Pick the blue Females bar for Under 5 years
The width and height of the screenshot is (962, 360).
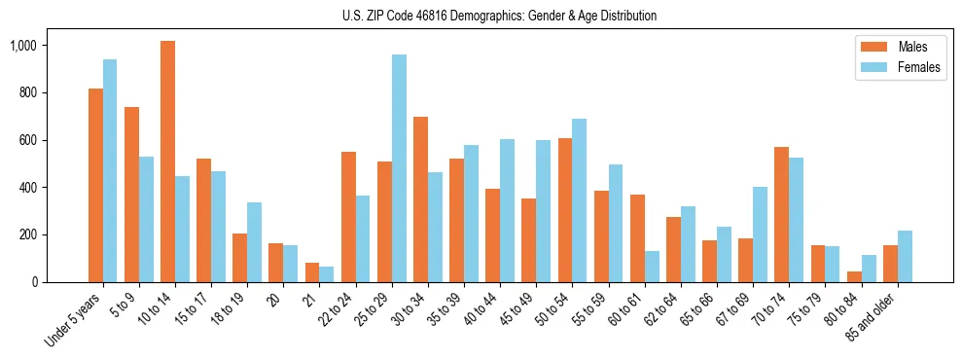[110, 170]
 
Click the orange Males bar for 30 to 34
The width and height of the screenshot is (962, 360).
[420, 199]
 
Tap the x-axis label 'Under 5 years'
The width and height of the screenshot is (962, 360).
[74, 319]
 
